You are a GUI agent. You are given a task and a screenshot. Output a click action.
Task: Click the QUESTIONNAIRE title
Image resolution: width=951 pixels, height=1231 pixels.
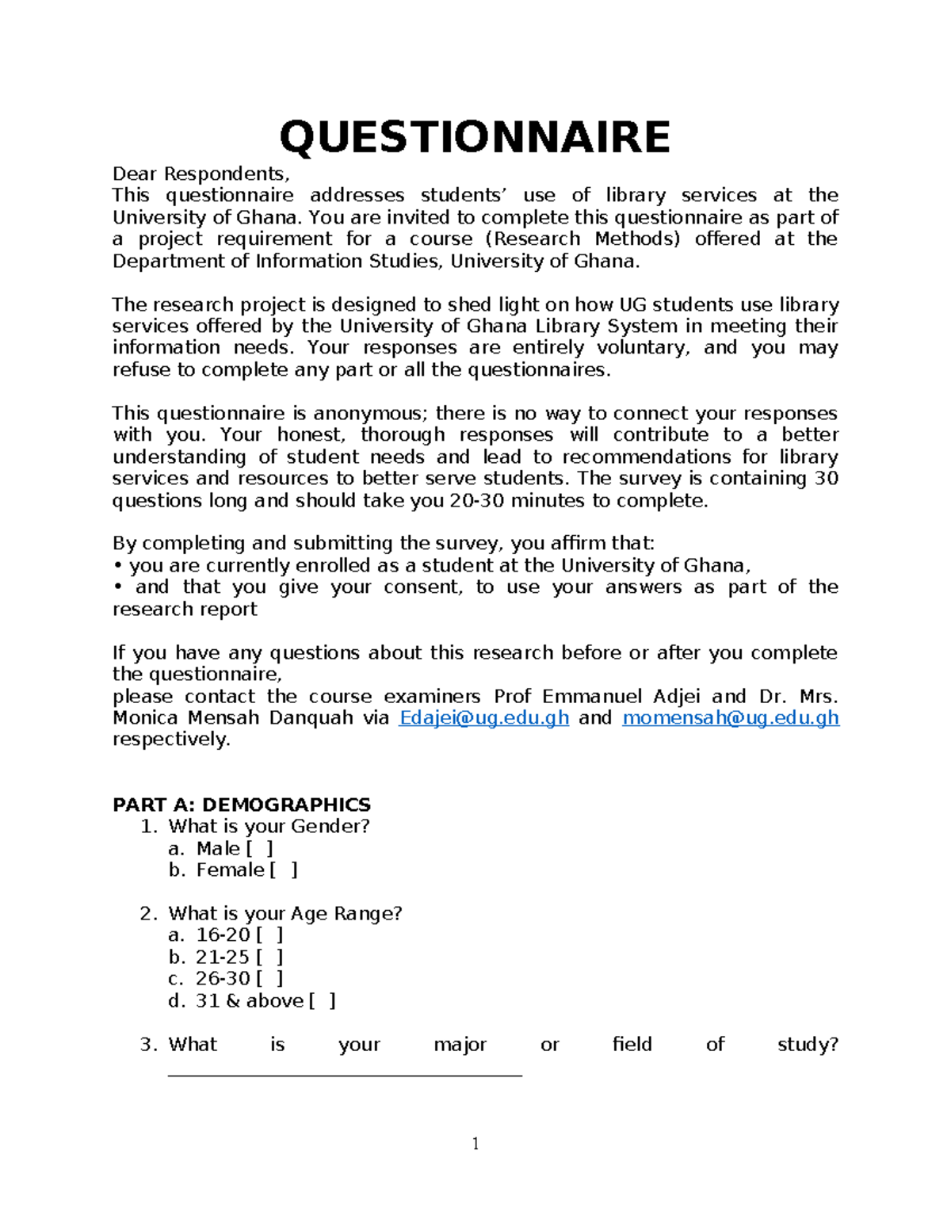click(x=475, y=137)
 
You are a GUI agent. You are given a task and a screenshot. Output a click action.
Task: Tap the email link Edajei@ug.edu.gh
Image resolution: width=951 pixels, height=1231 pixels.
click(x=483, y=718)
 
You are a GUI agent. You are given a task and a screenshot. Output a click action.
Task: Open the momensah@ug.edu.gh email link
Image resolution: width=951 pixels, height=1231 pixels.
click(x=731, y=718)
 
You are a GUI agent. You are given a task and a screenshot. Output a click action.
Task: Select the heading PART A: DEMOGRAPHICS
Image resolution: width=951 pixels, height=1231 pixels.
click(x=242, y=805)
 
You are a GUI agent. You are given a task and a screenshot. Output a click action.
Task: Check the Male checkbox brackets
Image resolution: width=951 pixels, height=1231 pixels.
click(x=260, y=849)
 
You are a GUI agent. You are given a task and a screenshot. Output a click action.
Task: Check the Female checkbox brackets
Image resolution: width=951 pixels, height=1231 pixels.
click(x=284, y=870)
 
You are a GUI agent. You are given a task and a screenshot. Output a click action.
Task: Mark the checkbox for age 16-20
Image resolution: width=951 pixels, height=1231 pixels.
click(x=269, y=935)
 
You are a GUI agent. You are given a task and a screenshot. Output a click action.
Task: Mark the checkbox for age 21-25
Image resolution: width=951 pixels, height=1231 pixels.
click(x=269, y=958)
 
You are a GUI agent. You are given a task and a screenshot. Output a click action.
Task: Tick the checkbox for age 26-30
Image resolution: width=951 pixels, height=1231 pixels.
click(x=269, y=979)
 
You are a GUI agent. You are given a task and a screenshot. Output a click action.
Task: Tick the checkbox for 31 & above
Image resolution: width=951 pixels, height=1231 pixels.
click(x=322, y=1001)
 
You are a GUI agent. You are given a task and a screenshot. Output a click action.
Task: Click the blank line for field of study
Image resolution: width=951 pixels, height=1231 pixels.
click(x=345, y=1075)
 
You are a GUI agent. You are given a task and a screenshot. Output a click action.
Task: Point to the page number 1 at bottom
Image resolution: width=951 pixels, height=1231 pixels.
click(x=475, y=1143)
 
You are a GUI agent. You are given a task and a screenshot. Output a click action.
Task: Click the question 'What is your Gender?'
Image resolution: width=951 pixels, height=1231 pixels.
click(x=269, y=827)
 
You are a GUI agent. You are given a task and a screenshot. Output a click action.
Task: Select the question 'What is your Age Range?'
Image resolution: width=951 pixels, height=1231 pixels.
click(x=285, y=914)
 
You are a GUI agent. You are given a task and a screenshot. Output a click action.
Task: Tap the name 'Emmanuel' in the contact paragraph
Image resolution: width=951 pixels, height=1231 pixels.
click(x=592, y=697)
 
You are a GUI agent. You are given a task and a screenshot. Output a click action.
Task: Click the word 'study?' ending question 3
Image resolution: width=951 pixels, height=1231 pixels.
click(x=808, y=1045)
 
